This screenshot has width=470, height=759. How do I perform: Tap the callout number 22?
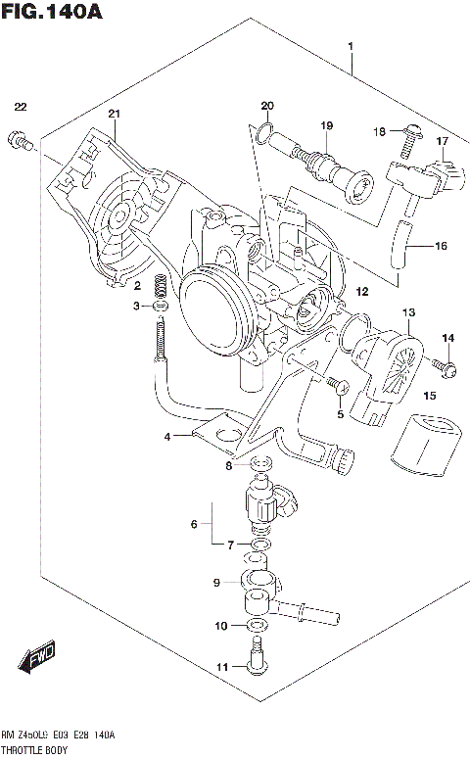coord(21,107)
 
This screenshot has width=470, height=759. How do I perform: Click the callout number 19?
coord(327,125)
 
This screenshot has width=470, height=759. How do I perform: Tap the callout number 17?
coord(442,142)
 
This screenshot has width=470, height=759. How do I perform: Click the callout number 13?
coord(408,312)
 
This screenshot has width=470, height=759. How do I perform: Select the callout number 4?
coord(167,436)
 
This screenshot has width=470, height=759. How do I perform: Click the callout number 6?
coord(194,524)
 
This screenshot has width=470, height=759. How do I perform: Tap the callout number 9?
coord(217,584)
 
